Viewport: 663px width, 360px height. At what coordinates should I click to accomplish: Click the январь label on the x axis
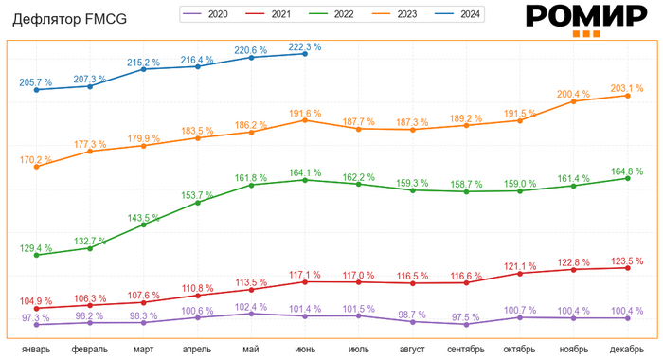(x=36, y=350)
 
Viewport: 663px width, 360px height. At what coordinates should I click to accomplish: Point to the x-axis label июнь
(x=305, y=350)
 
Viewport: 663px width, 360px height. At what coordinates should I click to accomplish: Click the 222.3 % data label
(x=304, y=46)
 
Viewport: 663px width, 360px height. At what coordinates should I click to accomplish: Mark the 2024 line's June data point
(x=305, y=54)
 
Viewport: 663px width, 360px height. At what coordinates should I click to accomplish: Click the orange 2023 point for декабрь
(x=627, y=96)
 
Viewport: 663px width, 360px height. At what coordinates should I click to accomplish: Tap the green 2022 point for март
(x=144, y=225)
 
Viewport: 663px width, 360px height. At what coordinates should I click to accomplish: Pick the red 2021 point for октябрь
(x=520, y=273)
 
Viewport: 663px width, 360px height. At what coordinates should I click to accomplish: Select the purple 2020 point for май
(x=251, y=314)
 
